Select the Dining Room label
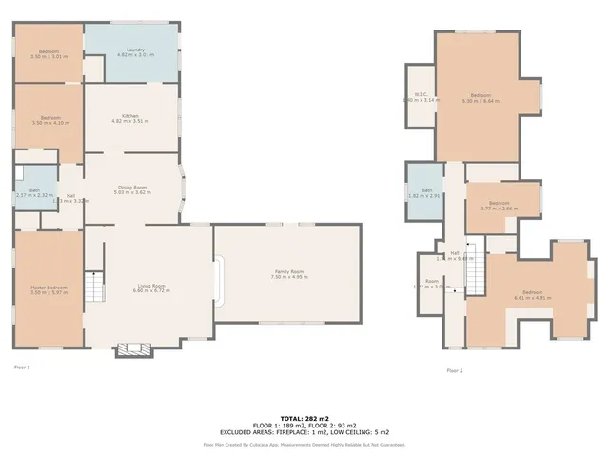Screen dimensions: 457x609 (132, 188)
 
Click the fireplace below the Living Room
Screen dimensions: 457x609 (132, 349)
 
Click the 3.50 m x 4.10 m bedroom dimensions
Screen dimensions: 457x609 (49, 123)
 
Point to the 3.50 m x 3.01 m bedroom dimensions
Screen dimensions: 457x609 (49, 56)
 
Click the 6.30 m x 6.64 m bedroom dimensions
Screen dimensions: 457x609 (481, 100)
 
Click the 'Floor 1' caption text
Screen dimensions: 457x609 (22, 367)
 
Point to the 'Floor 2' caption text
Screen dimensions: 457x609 (455, 371)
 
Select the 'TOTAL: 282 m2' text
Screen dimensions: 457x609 (304, 418)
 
